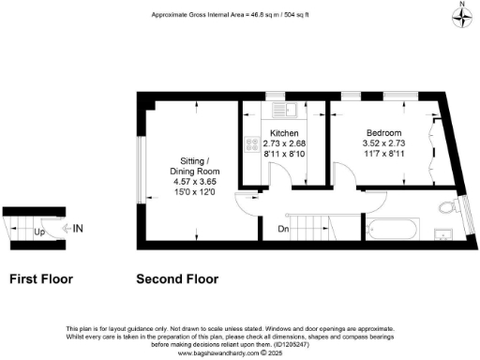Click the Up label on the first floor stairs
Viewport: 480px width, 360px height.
39,230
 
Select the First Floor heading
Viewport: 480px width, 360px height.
40,278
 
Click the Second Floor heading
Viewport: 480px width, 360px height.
177,278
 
